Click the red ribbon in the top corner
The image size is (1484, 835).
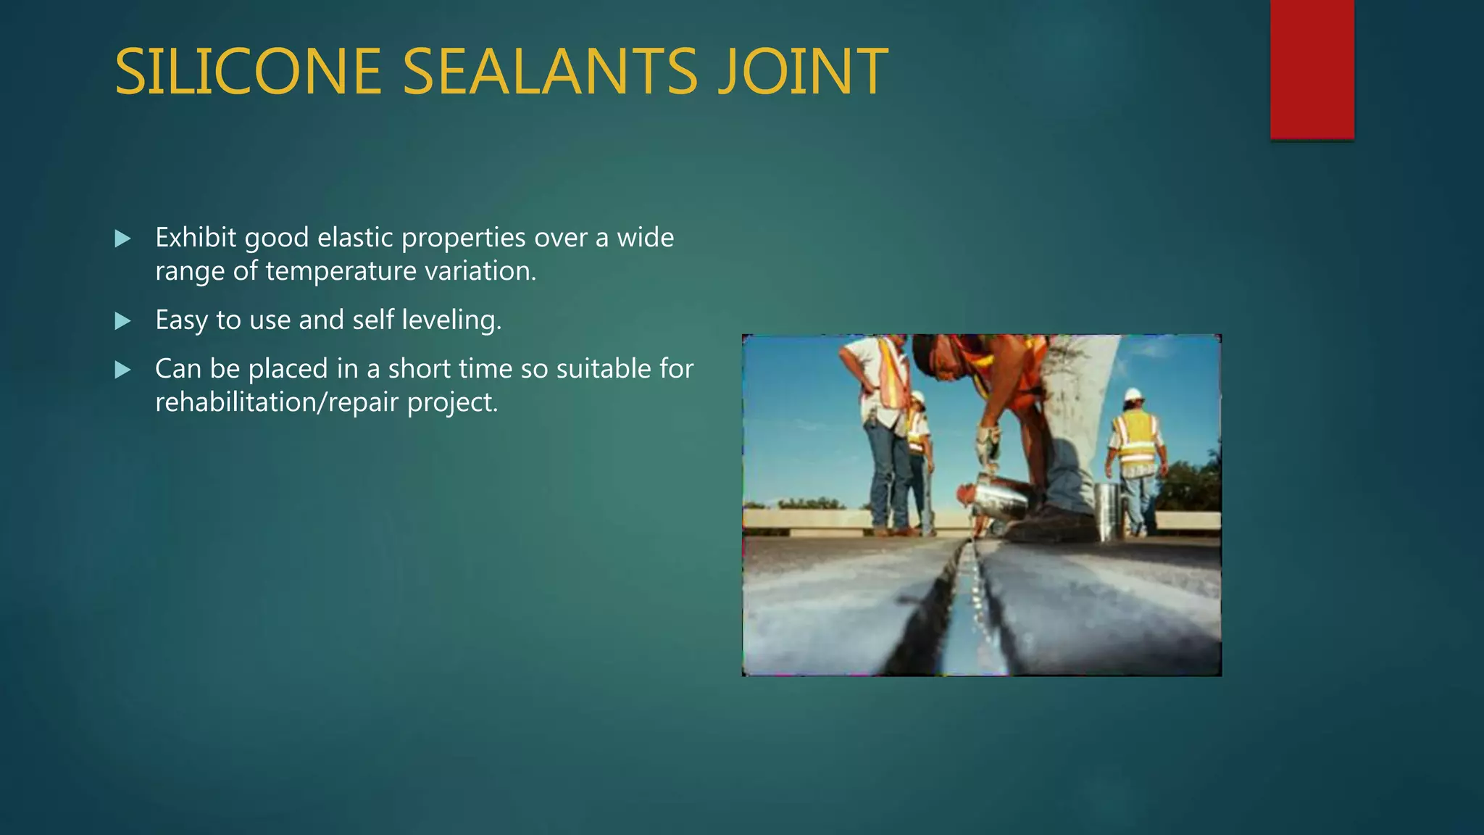1312,69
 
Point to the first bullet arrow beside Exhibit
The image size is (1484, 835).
123,238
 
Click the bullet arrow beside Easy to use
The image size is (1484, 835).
123,320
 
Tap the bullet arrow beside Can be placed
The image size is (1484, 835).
123,370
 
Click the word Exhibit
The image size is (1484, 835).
196,238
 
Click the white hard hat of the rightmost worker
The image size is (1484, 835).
1133,396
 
